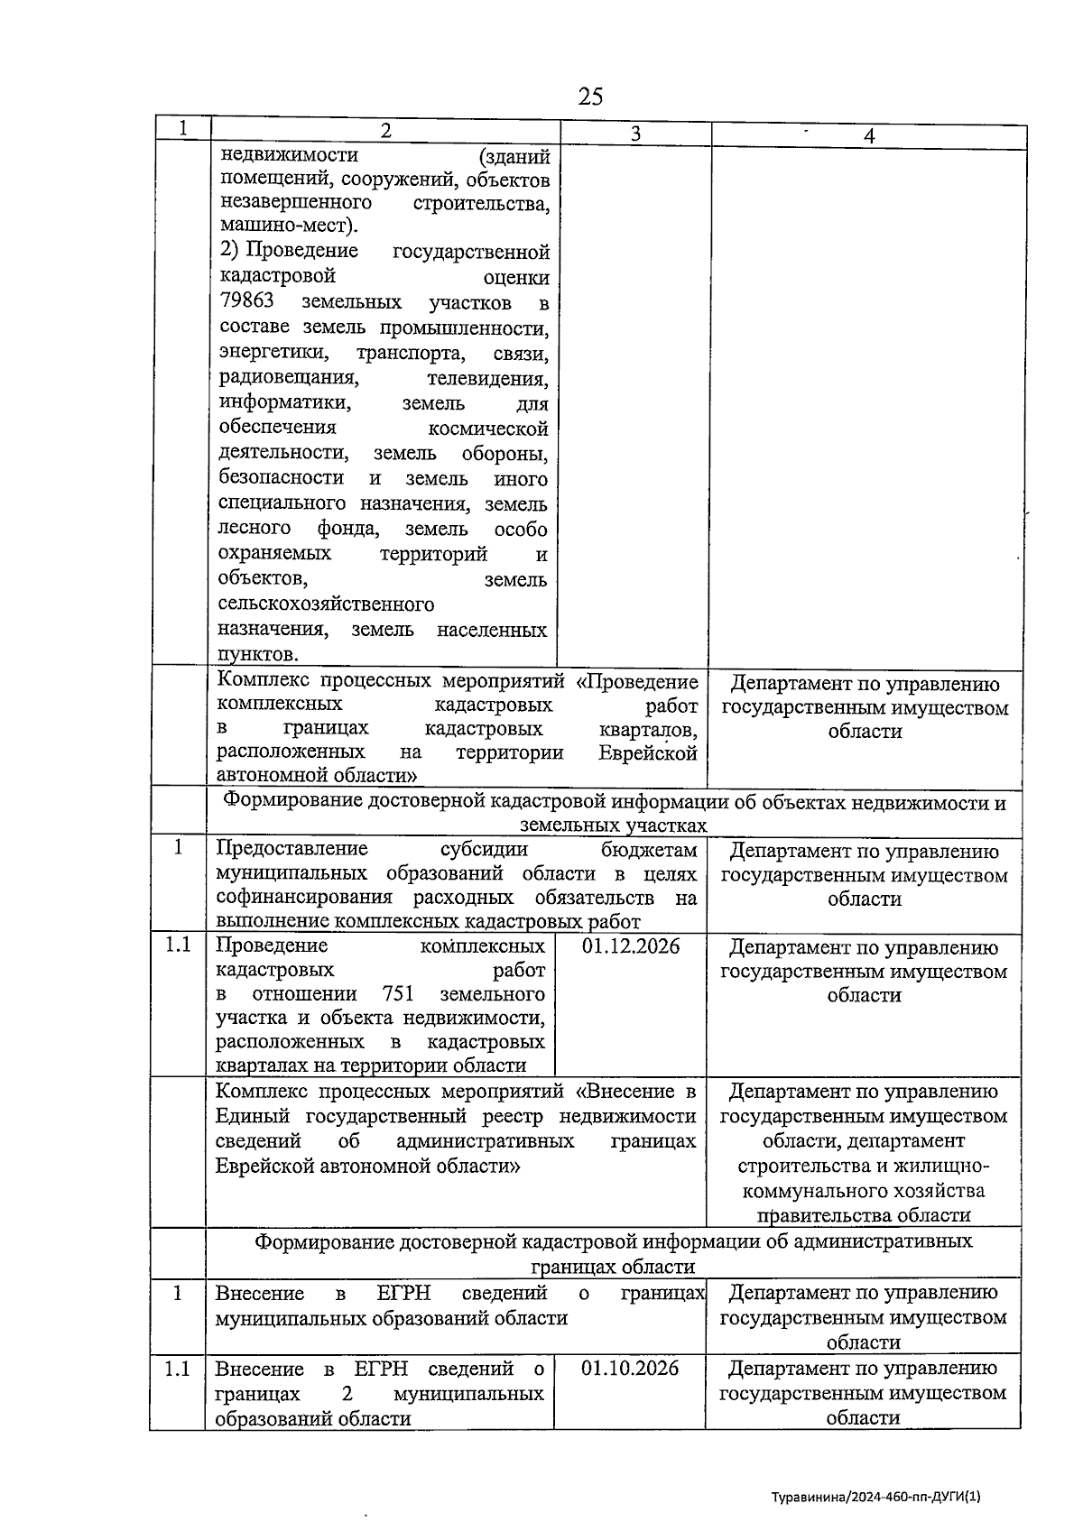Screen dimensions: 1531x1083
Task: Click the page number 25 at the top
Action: [590, 97]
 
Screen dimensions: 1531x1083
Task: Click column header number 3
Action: [635, 134]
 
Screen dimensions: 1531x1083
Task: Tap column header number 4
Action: [869, 135]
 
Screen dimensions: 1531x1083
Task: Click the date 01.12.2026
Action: [631, 945]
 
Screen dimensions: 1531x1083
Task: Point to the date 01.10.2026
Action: [630, 1368]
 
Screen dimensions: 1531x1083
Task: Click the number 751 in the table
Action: [398, 993]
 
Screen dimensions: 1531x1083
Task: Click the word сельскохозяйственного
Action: [326, 604]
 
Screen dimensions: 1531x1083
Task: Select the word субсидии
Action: [484, 849]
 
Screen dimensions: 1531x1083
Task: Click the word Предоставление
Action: [292, 849]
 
